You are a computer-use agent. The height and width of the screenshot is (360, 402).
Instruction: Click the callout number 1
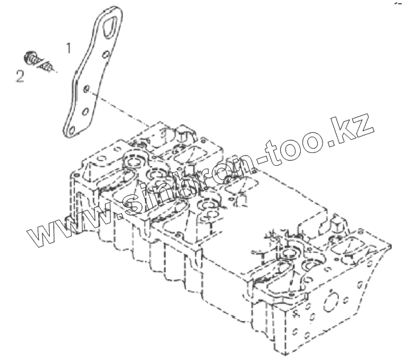point(69,47)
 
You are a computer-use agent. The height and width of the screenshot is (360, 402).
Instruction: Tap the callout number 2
point(20,75)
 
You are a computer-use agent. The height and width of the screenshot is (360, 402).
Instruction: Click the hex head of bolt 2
point(28,58)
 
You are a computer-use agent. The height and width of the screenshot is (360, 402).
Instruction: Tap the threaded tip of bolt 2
point(50,67)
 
